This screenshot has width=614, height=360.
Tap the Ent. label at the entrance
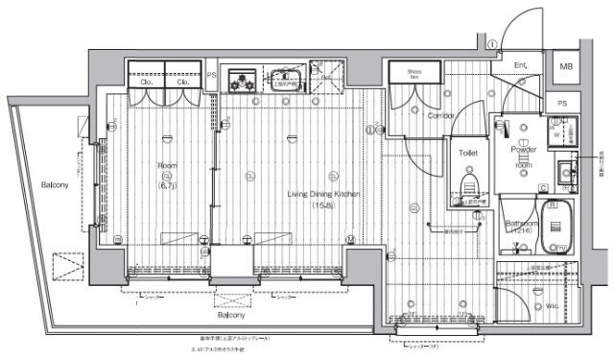(x=520, y=66)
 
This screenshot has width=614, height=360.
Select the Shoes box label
(x=414, y=73)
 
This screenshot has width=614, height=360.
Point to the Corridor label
(x=441, y=116)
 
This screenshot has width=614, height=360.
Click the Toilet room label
(x=468, y=154)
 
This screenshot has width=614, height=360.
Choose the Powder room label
(x=523, y=152)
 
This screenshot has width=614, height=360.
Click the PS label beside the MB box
(x=562, y=104)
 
